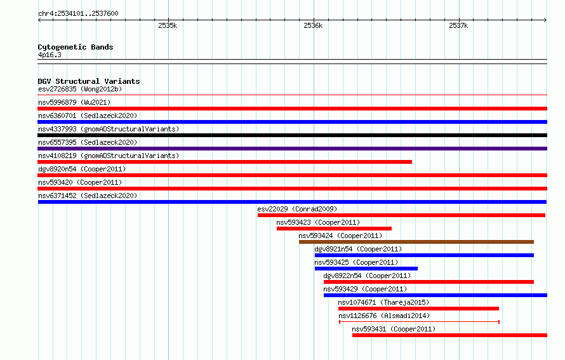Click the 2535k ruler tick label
pos(168,25)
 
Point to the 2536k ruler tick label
pos(313,25)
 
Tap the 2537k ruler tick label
pos(458,25)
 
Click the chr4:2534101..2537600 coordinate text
pos(78,13)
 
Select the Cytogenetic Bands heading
pos(76,47)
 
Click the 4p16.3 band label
pos(50,55)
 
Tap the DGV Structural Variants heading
pos(89,81)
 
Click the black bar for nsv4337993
pos(292,135)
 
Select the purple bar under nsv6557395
pos(292,149)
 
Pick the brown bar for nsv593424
pos(416,242)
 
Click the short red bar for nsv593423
pos(334,229)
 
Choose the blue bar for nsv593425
pos(366,269)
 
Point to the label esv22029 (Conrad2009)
pos(297,209)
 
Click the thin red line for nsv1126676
pos(419,321)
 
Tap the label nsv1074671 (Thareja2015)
pos(383,302)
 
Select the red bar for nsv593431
pos(449,335)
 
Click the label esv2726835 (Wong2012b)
pos(80,89)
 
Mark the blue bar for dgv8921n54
pos(424,255)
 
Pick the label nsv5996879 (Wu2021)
pos(74,102)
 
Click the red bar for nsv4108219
pos(225,162)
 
